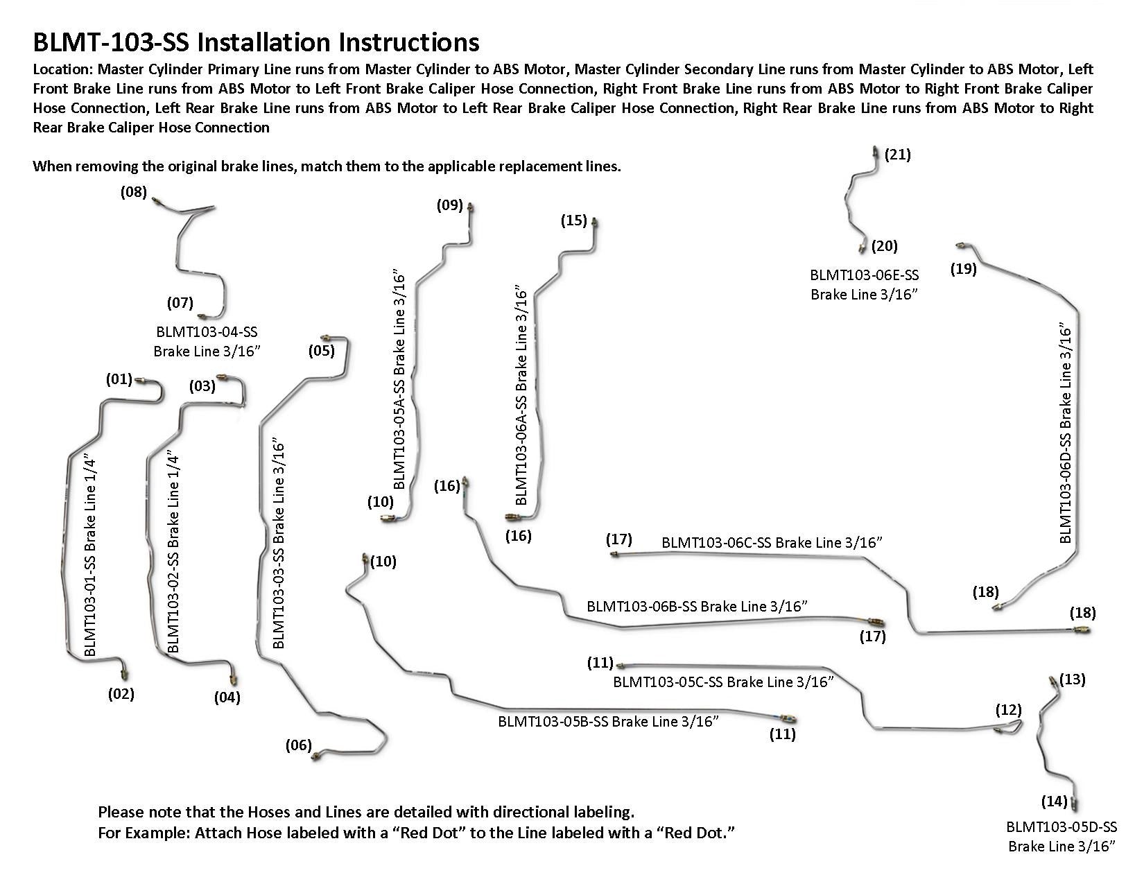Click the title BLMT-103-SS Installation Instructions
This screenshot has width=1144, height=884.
coord(256,42)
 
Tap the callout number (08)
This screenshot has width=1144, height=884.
coord(134,191)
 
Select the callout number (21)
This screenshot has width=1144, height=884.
coord(898,155)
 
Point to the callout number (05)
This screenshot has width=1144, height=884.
coord(322,351)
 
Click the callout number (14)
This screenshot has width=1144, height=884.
coord(1054,801)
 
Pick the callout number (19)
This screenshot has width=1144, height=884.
coord(964,269)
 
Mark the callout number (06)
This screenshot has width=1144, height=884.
coord(299,745)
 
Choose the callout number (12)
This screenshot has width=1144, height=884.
coord(1009,710)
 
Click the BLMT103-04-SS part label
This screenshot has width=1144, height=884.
coord(207,333)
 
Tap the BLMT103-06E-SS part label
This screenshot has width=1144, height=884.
coord(865,276)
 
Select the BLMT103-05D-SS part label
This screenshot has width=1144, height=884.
coord(1061,827)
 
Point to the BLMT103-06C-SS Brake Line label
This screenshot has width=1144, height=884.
coord(772,542)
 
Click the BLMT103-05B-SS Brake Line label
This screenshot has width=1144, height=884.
coord(608,721)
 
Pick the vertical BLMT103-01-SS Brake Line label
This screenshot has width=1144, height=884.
coord(89,555)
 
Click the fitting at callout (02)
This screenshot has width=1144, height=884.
coord(125,672)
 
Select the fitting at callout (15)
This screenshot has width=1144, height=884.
coord(595,223)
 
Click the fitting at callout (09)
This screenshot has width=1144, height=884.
coord(471,207)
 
